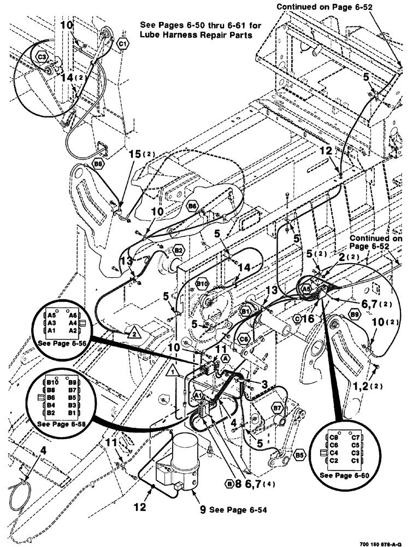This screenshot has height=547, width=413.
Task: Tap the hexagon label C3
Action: [42, 55]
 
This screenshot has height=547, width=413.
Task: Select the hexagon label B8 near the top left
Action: [98, 164]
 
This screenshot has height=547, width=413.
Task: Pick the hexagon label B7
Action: [277, 408]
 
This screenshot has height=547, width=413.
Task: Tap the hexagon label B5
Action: [299, 454]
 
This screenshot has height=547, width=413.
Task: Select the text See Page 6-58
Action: [60, 424]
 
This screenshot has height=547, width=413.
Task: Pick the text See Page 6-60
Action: [347, 475]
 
